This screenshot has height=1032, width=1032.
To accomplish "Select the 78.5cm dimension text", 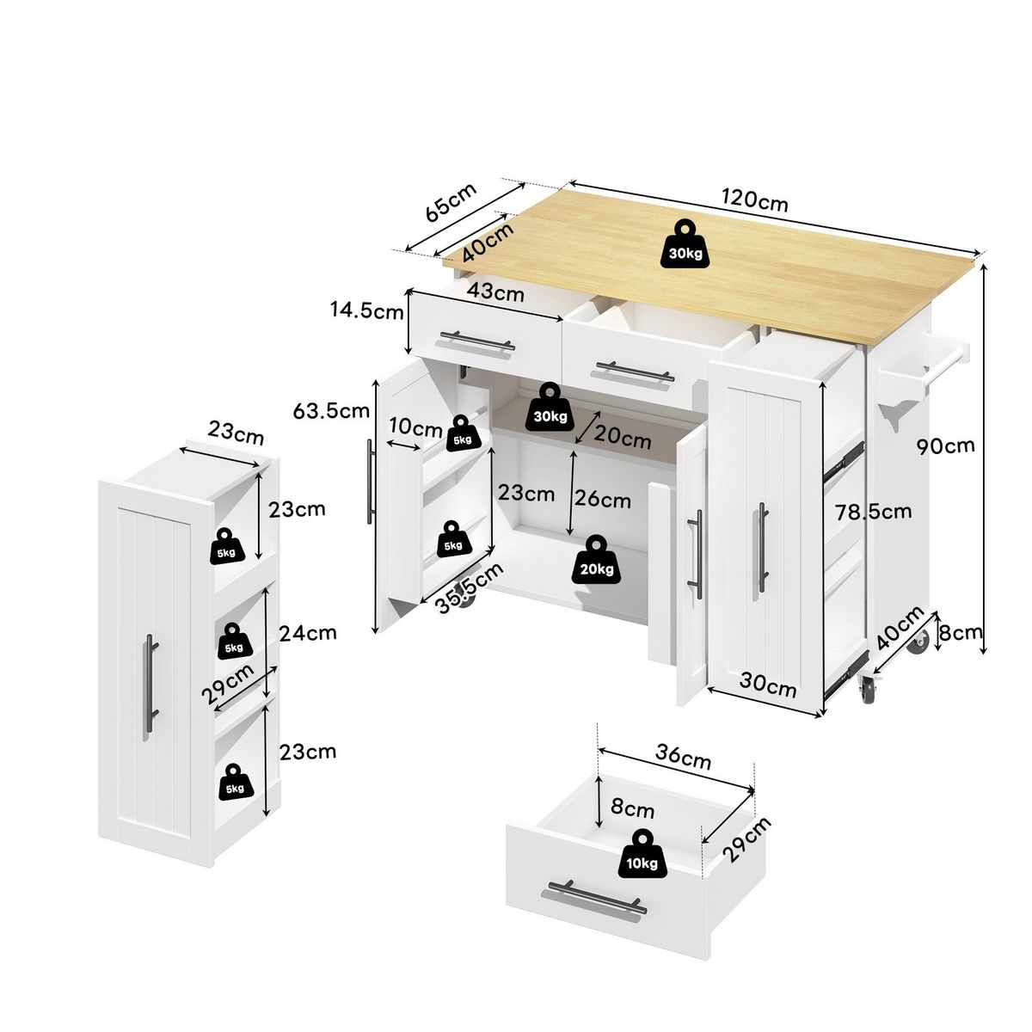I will point(874,513).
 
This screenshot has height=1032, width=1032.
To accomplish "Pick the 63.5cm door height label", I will point(331,411).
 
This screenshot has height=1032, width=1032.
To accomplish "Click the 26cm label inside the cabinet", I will point(604,498).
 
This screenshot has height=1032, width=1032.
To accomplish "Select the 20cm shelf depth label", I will point(623,439).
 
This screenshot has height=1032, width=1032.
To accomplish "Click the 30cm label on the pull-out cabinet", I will point(769,688).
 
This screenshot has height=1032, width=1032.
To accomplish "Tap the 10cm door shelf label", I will point(415,426).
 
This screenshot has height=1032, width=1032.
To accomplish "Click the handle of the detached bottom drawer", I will point(593,898).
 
